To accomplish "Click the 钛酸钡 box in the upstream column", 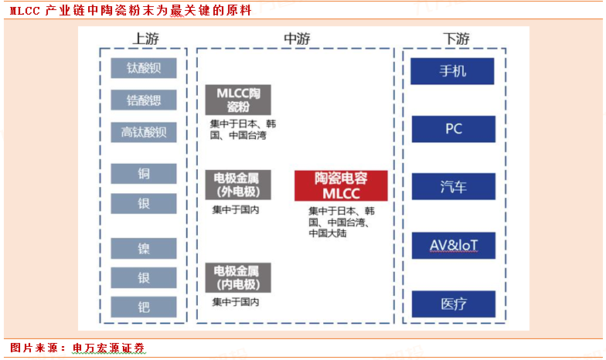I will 144,68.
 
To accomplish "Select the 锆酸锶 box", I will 144,100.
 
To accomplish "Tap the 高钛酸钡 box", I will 144,132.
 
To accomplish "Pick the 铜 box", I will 144,173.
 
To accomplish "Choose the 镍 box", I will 144,248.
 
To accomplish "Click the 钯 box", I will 144,307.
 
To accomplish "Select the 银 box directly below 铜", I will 144,203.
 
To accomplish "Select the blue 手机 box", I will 453,71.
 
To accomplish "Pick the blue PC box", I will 453,129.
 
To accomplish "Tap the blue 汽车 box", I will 453,186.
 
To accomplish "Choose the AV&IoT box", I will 453,246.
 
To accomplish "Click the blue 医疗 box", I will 453,304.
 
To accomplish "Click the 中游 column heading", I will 296,38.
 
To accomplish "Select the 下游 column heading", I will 455,38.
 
